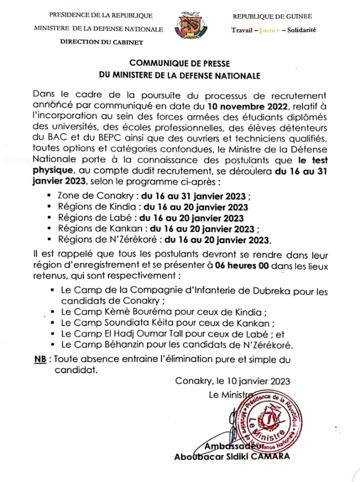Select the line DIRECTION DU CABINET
[101, 41]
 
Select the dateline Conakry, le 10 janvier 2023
[232, 381]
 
